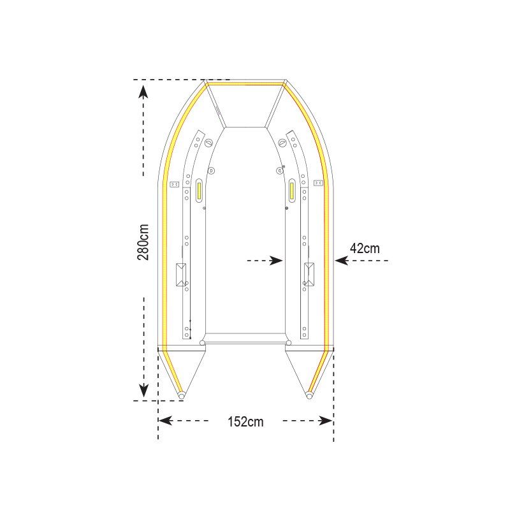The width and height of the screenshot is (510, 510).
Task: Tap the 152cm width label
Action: pos(245,421)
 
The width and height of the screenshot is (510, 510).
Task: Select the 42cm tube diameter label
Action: pos(365,248)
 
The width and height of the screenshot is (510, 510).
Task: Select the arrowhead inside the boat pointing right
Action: pos(276,260)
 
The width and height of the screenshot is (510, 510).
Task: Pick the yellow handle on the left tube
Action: pos(200,189)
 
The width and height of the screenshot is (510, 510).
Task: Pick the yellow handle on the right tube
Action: pos(291,189)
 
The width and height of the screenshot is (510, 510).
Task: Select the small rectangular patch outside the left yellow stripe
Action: pos(175,184)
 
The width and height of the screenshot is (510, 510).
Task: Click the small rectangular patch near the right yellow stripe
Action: pos(317,184)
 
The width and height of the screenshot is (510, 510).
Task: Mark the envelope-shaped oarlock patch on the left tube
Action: pos(181,274)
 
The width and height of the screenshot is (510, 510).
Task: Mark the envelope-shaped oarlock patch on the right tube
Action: pos(310,274)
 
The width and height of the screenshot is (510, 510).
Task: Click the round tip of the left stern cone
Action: pos(182,397)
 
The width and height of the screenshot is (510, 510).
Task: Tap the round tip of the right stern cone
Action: pos(309,397)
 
